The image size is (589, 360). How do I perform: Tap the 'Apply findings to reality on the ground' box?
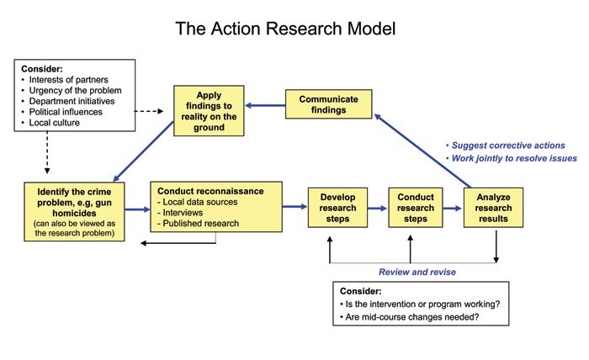click(x=210, y=110)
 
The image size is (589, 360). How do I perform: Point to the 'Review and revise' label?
click(x=411, y=271)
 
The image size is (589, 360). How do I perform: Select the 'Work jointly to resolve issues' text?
click(x=514, y=159)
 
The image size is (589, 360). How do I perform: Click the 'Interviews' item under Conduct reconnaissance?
click(x=183, y=212)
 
